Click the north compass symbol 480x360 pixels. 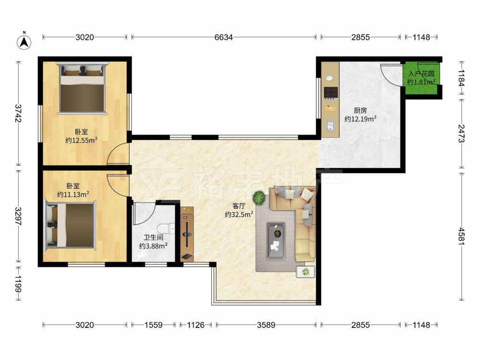click(x=24, y=42)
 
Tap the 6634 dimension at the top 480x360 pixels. click(x=224, y=37)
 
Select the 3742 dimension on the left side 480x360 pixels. click(x=19, y=113)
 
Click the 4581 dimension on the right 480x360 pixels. click(x=461, y=235)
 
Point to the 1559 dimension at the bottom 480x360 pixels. click(x=154, y=325)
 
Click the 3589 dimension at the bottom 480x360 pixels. click(x=266, y=325)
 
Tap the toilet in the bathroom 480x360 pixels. click(x=165, y=228)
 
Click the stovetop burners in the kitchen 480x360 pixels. click(x=331, y=93)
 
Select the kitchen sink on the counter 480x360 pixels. click(x=330, y=126)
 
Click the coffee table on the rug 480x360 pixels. click(x=276, y=241)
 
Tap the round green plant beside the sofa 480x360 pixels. click(x=259, y=197)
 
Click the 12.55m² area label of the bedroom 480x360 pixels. click(x=82, y=141)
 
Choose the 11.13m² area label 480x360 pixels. click(x=73, y=194)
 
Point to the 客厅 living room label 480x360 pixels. click(x=239, y=206)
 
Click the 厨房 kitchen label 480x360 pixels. click(x=360, y=110)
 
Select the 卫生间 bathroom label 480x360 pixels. click(x=154, y=237)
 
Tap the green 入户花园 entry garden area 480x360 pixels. click(x=421, y=78)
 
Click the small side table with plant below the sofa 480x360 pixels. click(x=305, y=272)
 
